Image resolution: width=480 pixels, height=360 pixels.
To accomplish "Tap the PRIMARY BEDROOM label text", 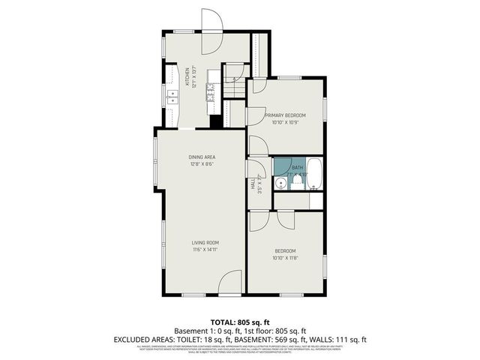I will click(284, 115).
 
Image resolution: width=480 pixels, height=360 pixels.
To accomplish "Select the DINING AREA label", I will click(202, 156).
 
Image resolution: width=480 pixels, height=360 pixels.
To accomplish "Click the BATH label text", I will click(298, 167).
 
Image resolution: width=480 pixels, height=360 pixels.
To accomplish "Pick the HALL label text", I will click(253, 183).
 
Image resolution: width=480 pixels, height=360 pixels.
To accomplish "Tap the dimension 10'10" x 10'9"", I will click(284, 121).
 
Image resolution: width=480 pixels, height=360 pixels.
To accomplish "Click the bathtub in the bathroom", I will click(315, 174).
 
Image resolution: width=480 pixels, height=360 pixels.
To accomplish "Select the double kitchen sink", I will click(170, 96).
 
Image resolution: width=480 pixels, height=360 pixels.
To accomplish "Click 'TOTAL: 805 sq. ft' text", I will click(239, 321).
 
